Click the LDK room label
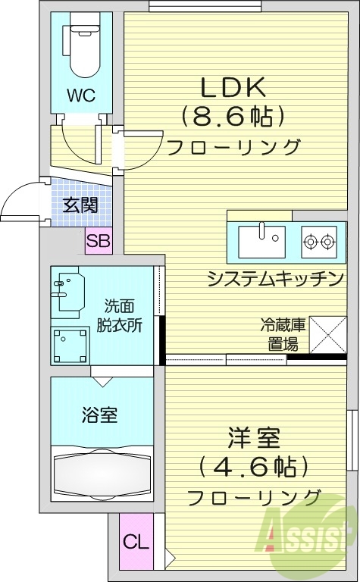pyautogui.click(x=233, y=87)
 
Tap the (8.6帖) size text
pyautogui.click(x=233, y=116)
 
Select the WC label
pyautogui.click(x=80, y=95)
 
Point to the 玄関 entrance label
pyautogui.click(x=80, y=205)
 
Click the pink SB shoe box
pyautogui.click(x=99, y=242)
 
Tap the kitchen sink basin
pyautogui.click(x=261, y=242)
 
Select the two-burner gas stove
pyautogui.click(x=318, y=242)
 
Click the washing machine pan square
pyautogui.click(x=70, y=344)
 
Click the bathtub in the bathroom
pyautogui.click(x=101, y=474)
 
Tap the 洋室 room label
pyautogui.click(x=254, y=438)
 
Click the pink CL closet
pyautogui.click(x=136, y=542)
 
